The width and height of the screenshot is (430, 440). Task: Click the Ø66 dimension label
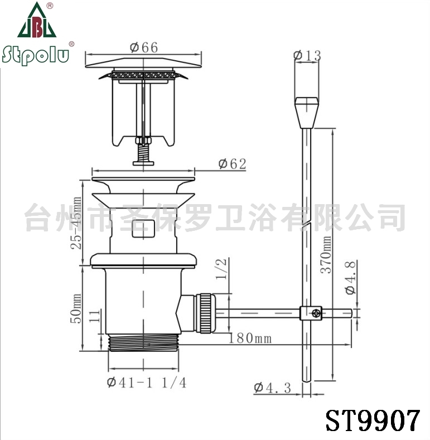144,47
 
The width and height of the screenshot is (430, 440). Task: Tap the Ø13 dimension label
307,55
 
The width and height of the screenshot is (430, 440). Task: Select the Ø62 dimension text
233,164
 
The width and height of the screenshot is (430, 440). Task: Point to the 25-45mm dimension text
76,223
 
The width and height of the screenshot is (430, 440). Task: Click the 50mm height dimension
76,308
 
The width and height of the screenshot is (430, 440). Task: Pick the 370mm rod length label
326,255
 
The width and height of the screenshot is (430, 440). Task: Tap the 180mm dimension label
250,338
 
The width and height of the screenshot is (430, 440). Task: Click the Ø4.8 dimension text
351,277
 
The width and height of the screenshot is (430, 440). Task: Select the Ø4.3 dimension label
273,388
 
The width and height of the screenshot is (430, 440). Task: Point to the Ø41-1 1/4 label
147,383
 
